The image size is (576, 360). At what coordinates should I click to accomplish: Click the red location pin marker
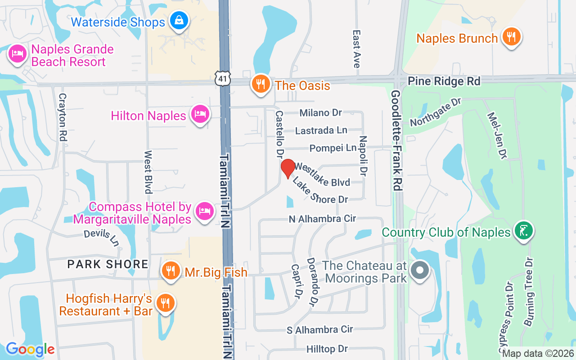click(288, 168)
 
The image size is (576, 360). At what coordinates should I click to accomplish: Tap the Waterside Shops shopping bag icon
click(179, 21)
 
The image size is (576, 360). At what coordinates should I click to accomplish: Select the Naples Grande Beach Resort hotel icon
click(17, 54)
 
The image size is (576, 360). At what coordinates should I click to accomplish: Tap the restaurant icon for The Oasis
click(260, 84)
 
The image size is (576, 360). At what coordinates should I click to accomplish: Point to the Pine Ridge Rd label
click(444, 81)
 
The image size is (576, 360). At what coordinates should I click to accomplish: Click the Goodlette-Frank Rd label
click(396, 140)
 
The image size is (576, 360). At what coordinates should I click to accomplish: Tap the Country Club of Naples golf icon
click(523, 231)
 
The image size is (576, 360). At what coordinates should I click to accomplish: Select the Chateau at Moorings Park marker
click(420, 271)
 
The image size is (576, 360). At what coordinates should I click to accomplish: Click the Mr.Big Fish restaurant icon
click(170, 271)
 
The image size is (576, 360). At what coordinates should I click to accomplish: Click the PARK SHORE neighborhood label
click(108, 264)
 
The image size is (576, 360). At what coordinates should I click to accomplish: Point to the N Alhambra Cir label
click(322, 219)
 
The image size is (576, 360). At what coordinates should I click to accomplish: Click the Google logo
click(30, 349)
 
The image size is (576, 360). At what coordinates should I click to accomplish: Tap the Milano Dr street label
click(321, 112)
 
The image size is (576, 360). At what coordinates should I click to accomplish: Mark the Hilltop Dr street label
click(327, 349)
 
